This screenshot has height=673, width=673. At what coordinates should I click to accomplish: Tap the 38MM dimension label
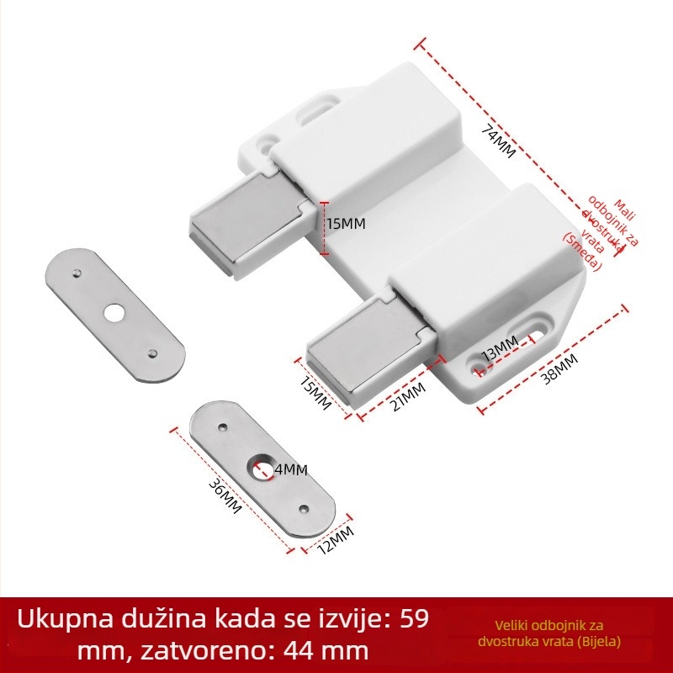pos(559,369)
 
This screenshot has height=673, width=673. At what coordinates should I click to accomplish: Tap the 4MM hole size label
pos(290,469)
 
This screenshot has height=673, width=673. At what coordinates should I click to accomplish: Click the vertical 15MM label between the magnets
pos(346,225)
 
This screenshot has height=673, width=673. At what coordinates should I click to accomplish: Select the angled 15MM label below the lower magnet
pos(315,392)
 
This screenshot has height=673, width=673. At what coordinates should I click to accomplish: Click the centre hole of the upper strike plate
pos(113,313)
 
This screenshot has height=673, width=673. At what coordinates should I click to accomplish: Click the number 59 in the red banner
pos(411,620)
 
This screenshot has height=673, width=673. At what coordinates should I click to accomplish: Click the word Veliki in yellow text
pos(512,625)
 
